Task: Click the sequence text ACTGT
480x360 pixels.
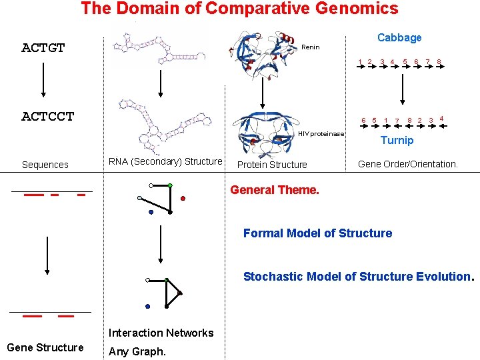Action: pos(43,47)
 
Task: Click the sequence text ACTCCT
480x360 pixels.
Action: pos(48,117)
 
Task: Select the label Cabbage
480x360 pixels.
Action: pos(399,38)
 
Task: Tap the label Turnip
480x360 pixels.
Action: pos(397,140)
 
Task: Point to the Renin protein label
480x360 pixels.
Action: pos(311,47)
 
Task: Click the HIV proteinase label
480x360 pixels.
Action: pos(321,134)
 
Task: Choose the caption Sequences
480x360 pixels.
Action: pos(45,165)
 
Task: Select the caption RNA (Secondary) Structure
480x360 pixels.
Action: pos(165,161)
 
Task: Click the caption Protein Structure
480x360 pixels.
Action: pos(272,165)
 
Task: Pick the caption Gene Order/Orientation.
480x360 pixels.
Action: pos(408,164)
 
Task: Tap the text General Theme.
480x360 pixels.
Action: pos(275,190)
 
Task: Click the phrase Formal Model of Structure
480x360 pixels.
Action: pos(317,233)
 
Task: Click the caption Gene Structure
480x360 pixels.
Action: pos(45,347)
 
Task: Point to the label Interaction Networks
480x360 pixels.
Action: pos(161,333)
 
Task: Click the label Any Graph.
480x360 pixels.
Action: pos(137,351)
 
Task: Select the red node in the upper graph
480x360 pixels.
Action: pos(183,198)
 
